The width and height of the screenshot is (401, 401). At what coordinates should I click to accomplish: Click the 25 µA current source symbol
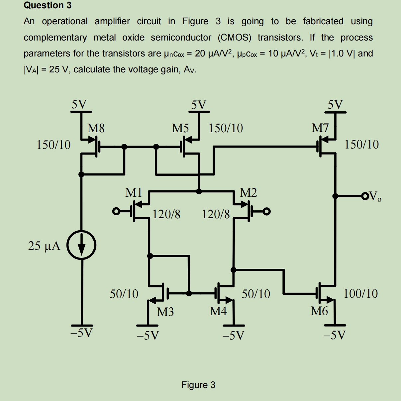click(x=81, y=245)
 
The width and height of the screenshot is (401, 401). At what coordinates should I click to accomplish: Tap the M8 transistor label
click(x=96, y=128)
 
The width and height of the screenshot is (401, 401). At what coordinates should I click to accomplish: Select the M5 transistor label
click(x=180, y=128)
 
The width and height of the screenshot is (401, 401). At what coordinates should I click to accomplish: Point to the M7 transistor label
click(x=320, y=128)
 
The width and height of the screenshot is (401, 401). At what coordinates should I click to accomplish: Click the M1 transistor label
click(x=134, y=192)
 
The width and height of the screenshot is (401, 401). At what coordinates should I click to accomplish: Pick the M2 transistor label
click(x=248, y=192)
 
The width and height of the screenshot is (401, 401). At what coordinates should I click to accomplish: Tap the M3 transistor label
click(x=165, y=312)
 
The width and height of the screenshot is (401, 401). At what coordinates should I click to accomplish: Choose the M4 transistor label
click(x=218, y=311)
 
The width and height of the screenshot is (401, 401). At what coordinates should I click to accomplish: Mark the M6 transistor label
click(x=319, y=311)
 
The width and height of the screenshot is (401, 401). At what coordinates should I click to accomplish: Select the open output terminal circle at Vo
click(x=365, y=196)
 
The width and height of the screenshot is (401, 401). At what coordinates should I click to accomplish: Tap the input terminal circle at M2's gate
click(x=266, y=211)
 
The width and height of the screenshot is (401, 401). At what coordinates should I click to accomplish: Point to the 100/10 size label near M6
click(x=360, y=294)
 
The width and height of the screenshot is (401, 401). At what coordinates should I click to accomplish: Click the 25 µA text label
click(x=44, y=246)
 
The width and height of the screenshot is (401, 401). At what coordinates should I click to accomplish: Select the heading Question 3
click(x=48, y=5)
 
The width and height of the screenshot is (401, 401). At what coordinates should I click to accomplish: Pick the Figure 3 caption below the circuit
click(x=198, y=385)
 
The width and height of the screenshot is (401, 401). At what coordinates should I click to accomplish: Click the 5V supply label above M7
click(x=335, y=105)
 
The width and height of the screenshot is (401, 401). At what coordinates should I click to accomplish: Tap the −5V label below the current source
click(x=81, y=333)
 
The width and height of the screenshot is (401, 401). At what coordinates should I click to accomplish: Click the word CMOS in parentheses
click(x=235, y=37)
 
